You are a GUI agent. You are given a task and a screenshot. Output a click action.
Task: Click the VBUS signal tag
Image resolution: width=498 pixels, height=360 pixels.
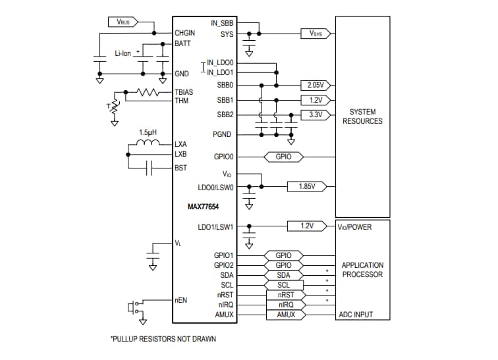coord(123,22)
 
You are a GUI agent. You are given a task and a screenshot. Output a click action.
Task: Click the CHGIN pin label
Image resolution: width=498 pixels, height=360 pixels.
coord(185,32)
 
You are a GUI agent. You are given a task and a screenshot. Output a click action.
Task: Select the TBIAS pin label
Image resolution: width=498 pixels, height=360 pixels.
coord(184,92)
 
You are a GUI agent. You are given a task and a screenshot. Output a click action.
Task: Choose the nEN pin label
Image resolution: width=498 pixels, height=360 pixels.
coord(181,299)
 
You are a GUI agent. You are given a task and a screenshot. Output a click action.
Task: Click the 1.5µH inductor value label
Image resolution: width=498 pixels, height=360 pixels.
coord(148,132)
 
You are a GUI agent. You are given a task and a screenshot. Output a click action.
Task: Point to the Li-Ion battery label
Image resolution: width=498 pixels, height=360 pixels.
coord(124,52)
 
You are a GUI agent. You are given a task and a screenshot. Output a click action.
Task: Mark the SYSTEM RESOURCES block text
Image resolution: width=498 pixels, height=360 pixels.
coord(362,116)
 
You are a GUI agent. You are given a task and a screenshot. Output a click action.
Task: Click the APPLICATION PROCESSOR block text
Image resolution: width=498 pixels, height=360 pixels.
coord(362,270)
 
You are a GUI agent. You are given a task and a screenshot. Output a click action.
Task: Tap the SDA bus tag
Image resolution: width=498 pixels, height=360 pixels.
coord(283,275)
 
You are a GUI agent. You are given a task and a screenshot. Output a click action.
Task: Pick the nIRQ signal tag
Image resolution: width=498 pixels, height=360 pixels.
coord(285,305)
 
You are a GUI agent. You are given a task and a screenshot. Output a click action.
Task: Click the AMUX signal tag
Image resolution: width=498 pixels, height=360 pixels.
coord(285,315)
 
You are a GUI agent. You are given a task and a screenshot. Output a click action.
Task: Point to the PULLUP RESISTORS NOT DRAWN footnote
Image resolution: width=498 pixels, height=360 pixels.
coord(163,340)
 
